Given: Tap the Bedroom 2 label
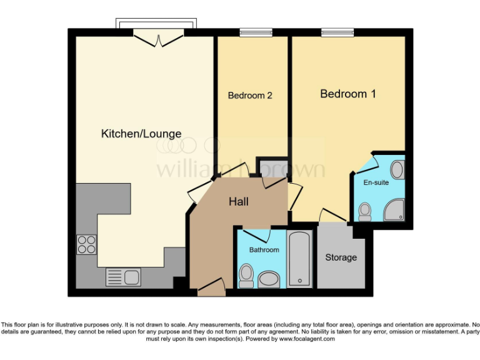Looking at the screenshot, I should (x=250, y=96).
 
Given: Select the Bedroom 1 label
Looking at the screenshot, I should (x=348, y=94).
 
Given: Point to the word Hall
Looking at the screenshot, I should (x=239, y=202).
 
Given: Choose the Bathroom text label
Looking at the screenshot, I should (x=264, y=250).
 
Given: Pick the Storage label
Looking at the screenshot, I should (x=341, y=257).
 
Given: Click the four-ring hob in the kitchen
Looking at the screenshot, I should (x=86, y=244).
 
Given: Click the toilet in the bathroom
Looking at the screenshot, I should (x=246, y=275).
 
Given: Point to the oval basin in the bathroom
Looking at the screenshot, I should (x=270, y=279).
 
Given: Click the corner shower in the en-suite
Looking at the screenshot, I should (x=394, y=211).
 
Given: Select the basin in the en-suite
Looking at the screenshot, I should (x=398, y=169).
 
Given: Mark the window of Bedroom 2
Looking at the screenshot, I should (x=252, y=32).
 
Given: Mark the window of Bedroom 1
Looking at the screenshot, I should (x=337, y=32).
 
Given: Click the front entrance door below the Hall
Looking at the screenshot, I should (x=211, y=288).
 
